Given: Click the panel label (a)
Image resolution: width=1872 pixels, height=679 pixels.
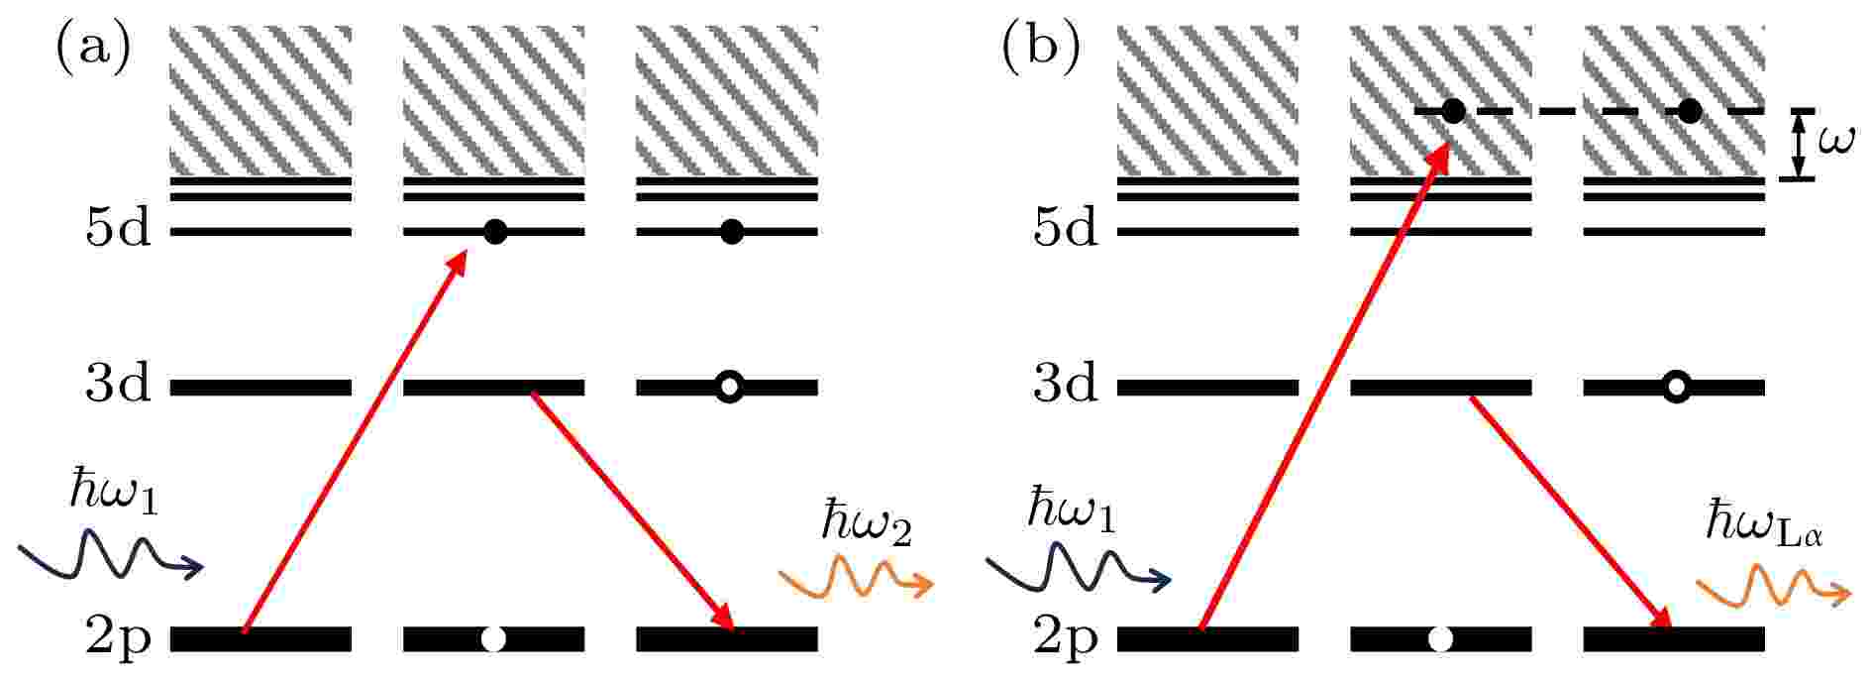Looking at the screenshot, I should pos(93,48).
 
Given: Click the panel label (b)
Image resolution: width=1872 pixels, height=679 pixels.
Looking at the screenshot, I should pos(1040,48).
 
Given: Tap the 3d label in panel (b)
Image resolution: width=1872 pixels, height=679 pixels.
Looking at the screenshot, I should pos(1065,383).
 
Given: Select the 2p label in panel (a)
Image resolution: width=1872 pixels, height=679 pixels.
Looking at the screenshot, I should pos(118,639).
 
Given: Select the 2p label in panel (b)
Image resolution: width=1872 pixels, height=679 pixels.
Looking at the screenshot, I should pos(1065,639).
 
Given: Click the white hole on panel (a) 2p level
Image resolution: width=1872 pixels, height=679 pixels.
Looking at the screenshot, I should pos(492,639).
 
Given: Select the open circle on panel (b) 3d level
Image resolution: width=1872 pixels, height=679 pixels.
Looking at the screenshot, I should pos(1675,387).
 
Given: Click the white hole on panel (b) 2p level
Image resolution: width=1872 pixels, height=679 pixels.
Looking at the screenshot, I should pos(1440,639).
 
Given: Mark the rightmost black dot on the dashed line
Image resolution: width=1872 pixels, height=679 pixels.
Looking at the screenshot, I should pos(1690,111).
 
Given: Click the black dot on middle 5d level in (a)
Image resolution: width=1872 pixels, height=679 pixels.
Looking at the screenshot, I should pos(495,232).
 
